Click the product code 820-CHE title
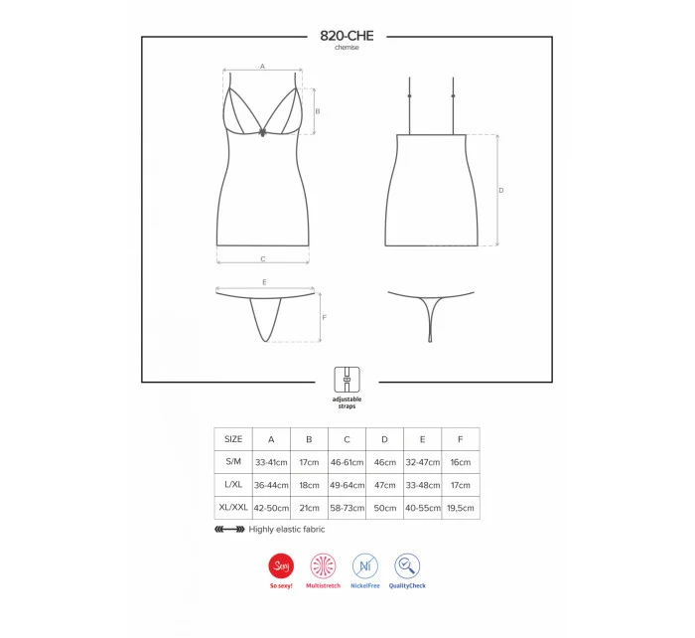tap(347, 36)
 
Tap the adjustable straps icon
tap(347, 380)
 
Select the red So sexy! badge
tap(281, 565)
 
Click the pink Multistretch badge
tap(323, 565)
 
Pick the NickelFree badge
tap(365, 565)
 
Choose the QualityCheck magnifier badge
tap(407, 565)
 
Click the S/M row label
tap(233, 461)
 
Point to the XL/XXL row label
tap(233, 507)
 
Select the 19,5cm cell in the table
tap(461, 508)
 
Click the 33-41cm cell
tap(271, 462)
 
